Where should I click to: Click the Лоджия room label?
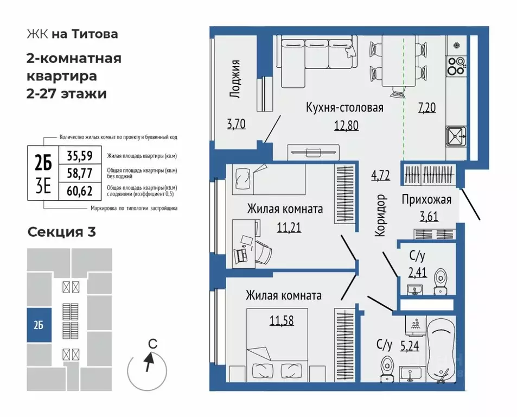click(235, 79)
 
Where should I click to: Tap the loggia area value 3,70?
click(237, 124)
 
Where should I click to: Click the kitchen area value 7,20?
click(427, 108)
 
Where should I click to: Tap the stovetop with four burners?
click(457, 65)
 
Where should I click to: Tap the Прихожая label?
click(426, 199)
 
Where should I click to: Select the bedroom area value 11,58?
click(282, 320)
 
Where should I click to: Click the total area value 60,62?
click(79, 190)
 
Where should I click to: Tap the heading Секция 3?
click(61, 232)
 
